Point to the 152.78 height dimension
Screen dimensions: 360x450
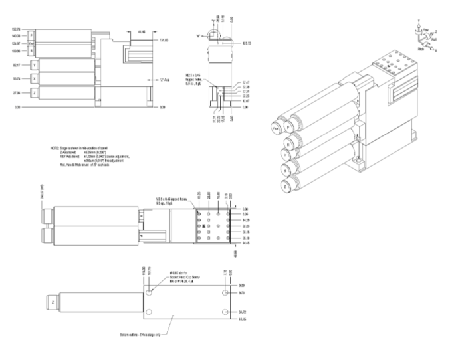(16, 30)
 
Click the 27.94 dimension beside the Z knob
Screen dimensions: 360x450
(16, 93)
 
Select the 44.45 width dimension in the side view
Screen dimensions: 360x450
(142, 31)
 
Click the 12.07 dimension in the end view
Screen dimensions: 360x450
(245, 100)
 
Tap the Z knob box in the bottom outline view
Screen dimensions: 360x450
(52, 302)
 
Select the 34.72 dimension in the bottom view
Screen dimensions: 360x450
(243, 311)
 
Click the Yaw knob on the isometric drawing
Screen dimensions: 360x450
(273, 126)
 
